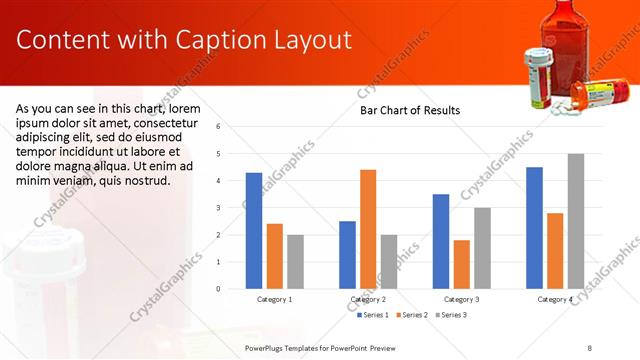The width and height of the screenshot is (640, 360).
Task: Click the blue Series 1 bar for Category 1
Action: (254, 231)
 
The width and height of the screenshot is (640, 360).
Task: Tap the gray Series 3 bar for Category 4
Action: (575, 221)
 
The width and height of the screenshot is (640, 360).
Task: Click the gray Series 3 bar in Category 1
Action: (295, 262)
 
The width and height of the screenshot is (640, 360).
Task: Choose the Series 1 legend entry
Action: (374, 315)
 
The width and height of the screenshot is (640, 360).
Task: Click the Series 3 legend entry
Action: (450, 315)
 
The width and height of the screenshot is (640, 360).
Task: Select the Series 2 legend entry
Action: (412, 315)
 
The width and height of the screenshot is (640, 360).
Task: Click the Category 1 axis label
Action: (275, 299)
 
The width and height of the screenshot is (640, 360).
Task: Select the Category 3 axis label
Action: (461, 299)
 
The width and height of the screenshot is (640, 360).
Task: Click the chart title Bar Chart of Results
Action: (410, 111)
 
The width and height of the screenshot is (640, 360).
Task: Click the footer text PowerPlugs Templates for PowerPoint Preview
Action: (330, 347)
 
